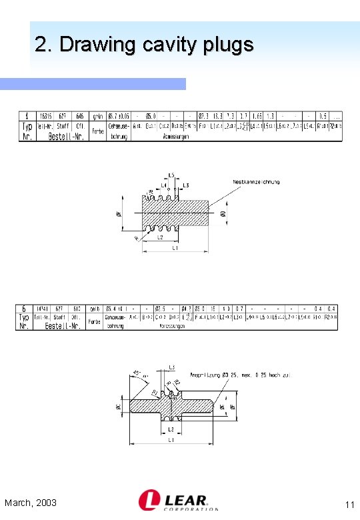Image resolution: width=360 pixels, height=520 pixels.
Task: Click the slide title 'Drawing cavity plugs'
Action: tap(144, 45)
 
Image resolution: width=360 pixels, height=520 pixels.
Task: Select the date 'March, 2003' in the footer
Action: tap(30, 502)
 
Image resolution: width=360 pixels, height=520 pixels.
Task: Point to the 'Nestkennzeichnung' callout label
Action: tap(256, 182)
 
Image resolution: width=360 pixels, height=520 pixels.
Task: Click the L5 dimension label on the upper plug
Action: tap(171, 175)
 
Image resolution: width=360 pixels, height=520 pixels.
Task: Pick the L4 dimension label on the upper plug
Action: tap(163, 185)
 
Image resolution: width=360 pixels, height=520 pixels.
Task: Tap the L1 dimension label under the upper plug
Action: tap(175, 248)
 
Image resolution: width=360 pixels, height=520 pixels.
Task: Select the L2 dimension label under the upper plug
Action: tap(160, 237)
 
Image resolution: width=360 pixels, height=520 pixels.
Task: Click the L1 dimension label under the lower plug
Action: tap(171, 441)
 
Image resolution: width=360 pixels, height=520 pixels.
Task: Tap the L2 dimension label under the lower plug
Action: tap(171, 429)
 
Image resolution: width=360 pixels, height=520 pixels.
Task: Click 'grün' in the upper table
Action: tap(97, 116)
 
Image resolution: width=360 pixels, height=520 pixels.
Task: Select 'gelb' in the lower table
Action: tap(95, 309)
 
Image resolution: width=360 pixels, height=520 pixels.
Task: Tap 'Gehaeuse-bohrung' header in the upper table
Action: tap(118, 130)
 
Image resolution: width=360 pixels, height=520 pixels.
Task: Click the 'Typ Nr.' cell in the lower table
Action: tap(24, 321)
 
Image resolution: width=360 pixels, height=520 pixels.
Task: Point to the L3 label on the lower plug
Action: tap(171, 367)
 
